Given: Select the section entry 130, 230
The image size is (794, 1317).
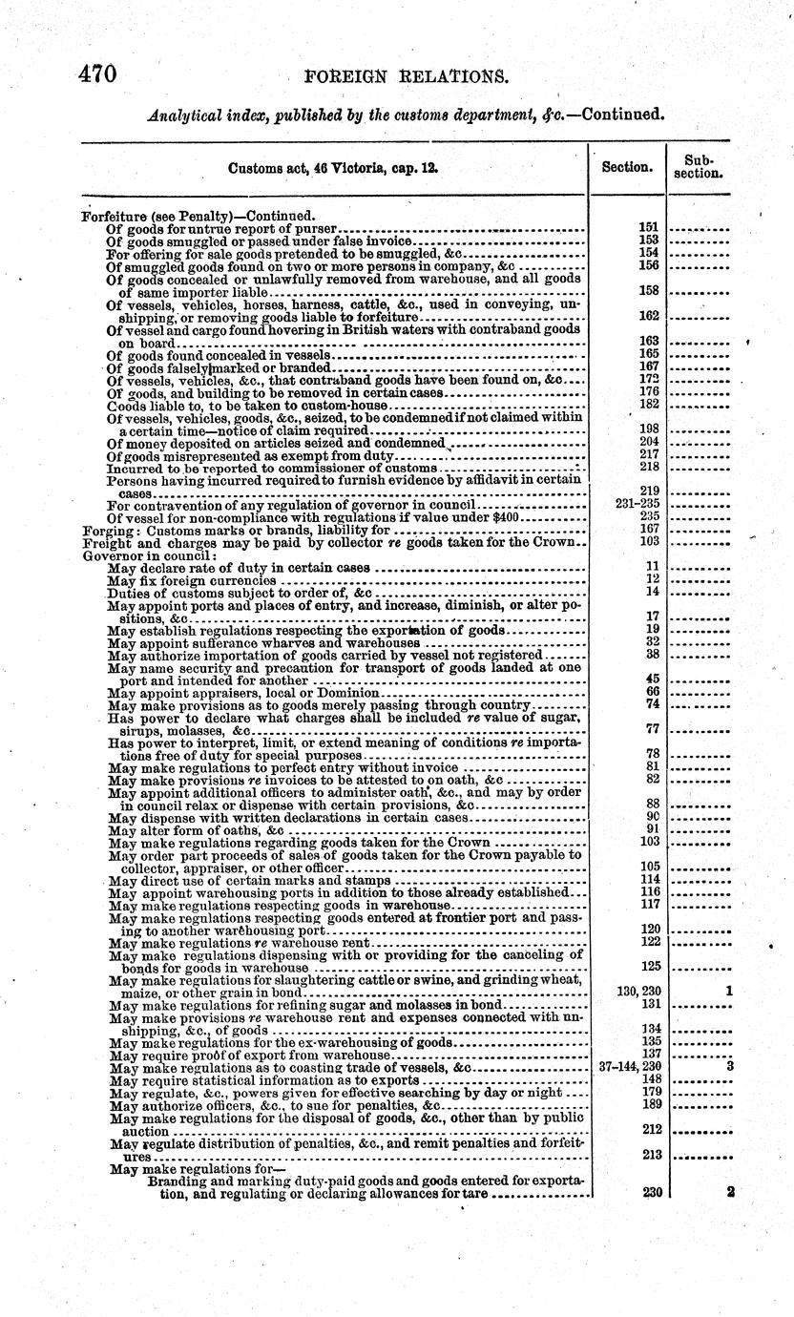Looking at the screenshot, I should [x=638, y=993].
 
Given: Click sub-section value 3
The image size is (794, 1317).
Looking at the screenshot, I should [x=728, y=1067].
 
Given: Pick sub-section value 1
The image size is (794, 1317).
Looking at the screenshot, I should [x=728, y=993].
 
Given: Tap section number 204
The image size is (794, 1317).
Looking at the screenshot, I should [x=649, y=443].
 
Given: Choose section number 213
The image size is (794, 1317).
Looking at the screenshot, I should [x=649, y=1154].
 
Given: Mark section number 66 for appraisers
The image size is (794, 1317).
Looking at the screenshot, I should [x=653, y=691].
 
